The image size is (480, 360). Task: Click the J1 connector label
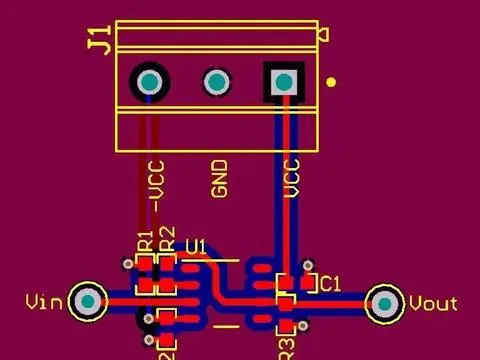point(98,42)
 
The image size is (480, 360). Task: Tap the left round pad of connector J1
point(151,81)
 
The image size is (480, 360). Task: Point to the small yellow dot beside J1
point(332,83)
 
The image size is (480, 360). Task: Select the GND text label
point(220,178)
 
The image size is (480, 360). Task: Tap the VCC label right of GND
point(292,178)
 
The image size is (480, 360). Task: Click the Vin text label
point(44,301)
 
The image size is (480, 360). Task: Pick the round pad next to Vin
point(89,300)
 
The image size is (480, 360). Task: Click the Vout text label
point(434,303)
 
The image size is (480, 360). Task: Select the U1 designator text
point(196,246)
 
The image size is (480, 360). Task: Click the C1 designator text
point(330,284)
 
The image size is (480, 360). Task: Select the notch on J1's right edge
point(322,37)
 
